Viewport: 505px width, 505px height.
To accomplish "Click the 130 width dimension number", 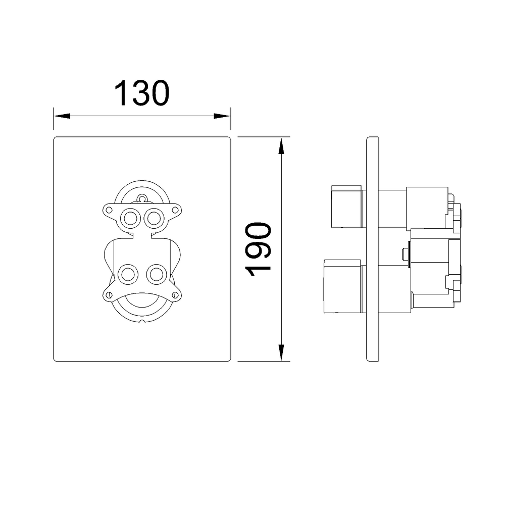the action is tap(142, 93).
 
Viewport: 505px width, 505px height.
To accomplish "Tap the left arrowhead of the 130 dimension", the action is tap(62, 116).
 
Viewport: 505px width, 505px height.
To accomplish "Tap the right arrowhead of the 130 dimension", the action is tap(222, 116).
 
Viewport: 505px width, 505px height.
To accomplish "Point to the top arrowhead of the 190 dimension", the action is tap(281, 145).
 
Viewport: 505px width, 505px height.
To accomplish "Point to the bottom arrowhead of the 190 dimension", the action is tap(281, 352).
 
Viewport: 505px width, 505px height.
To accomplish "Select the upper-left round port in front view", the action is tap(130, 218).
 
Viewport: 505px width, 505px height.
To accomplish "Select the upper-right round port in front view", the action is tap(154, 218).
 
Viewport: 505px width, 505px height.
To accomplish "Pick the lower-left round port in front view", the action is tap(128, 275).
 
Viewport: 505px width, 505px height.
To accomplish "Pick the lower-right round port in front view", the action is tap(157, 275).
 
